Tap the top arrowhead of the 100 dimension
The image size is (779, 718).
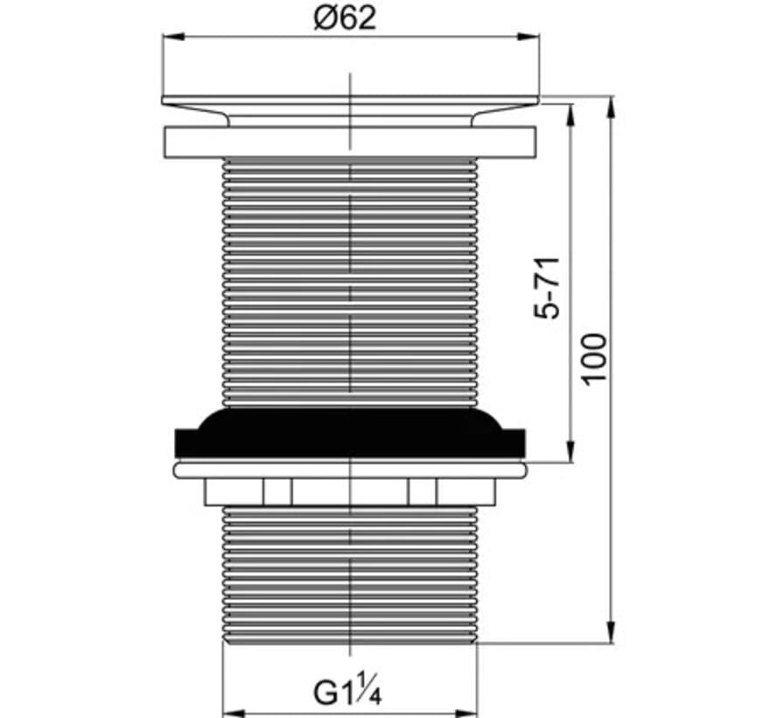pos(611,104)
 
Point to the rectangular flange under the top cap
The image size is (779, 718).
pos(349,143)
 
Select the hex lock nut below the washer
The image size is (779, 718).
pos(350,492)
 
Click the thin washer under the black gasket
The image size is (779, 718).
pos(350,470)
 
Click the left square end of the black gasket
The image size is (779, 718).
pos(186,442)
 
